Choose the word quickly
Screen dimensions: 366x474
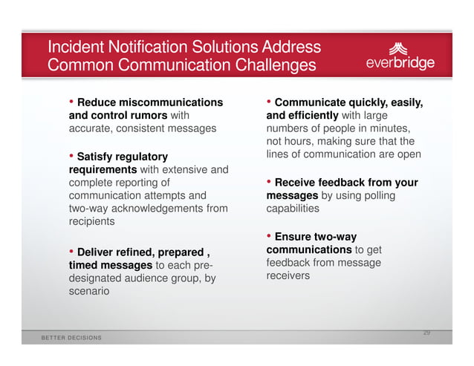click(x=374, y=102)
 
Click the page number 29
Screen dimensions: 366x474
click(x=426, y=332)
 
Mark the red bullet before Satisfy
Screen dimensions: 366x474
click(x=72, y=156)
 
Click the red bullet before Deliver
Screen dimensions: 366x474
click(x=72, y=252)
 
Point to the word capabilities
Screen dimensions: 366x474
click(x=292, y=209)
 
